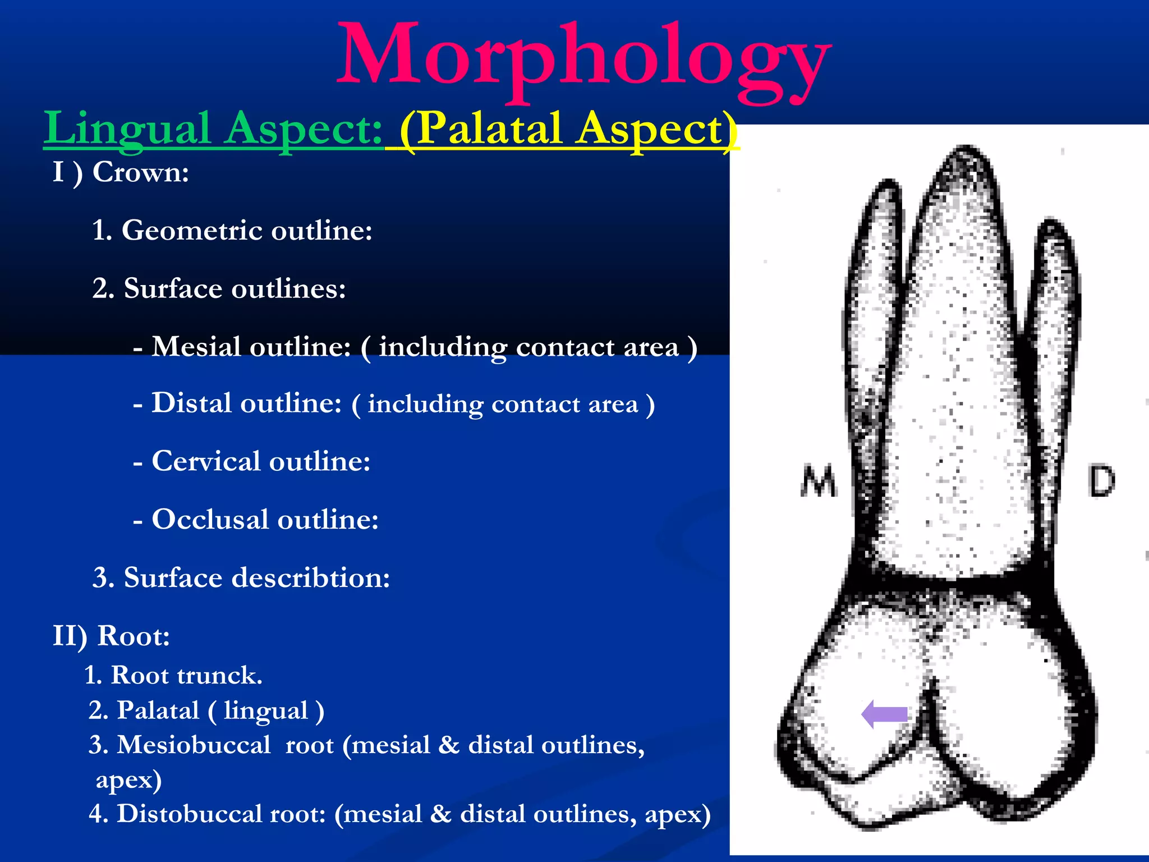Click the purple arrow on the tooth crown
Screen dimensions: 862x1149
(x=884, y=714)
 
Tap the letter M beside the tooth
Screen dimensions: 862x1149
(x=819, y=481)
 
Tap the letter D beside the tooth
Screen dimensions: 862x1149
(x=1101, y=480)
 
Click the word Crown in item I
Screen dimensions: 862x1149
(x=140, y=172)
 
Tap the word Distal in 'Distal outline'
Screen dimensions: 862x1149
(x=191, y=403)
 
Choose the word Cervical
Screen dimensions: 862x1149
(x=206, y=461)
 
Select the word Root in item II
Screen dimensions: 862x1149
(x=134, y=636)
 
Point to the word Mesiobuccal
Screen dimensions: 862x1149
(x=194, y=745)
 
